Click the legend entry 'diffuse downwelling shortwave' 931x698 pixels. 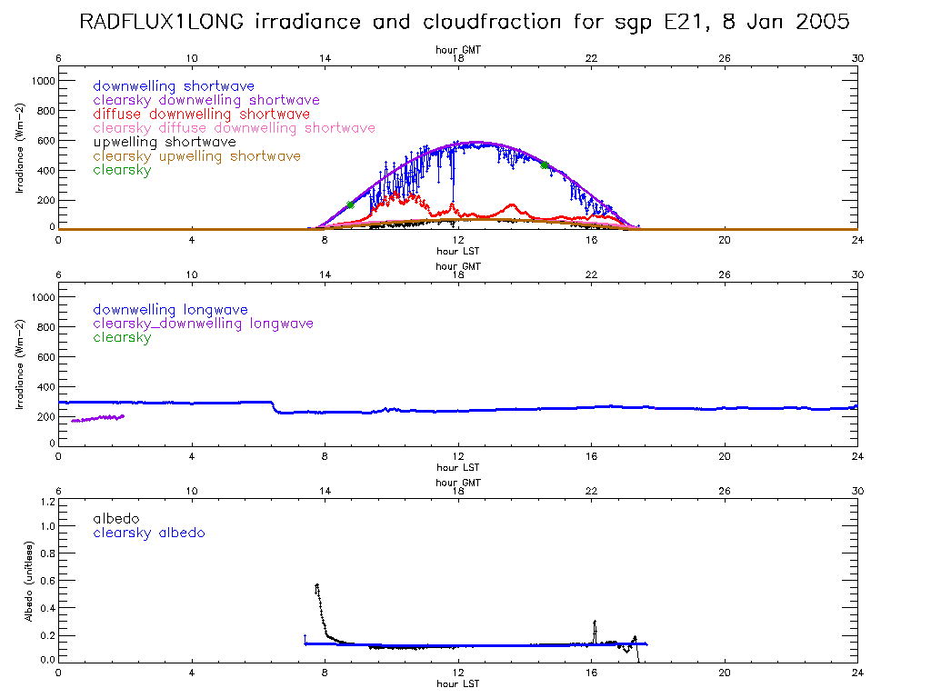(201, 115)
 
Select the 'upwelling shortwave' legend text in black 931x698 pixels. (165, 143)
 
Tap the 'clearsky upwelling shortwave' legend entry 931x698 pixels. (196, 156)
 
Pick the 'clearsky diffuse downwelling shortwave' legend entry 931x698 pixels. (234, 128)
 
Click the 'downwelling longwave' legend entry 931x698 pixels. (170, 310)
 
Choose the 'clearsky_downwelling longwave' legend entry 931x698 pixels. (203, 324)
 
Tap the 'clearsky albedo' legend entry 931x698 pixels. (149, 533)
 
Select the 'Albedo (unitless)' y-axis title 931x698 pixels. (27, 582)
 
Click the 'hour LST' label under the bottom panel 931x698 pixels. (457, 683)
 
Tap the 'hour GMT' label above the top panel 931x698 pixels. (457, 51)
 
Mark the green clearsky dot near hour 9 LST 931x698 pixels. (350, 204)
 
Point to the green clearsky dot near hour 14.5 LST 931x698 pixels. (545, 165)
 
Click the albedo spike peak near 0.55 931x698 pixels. (316, 585)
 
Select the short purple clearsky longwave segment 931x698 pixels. (97, 418)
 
